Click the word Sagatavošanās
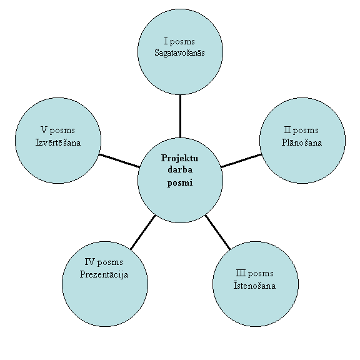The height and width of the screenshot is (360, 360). click(179, 53)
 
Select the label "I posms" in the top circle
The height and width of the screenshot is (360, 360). click(179, 41)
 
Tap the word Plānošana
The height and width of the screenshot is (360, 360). click(302, 142)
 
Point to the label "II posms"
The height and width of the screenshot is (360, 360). click(301, 131)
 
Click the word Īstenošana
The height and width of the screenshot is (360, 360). click(254, 286)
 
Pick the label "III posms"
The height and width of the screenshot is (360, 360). click(255, 274)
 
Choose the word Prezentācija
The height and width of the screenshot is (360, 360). click(104, 274)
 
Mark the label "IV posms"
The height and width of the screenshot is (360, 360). click(104, 262)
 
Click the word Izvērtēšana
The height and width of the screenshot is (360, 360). click(58, 142)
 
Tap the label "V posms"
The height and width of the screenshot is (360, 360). click(58, 131)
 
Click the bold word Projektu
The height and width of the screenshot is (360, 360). click(179, 158)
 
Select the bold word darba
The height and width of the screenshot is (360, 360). click(180, 169)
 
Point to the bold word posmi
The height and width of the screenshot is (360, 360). click(180, 183)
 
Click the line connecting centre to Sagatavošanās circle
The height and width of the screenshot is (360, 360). click(180, 116)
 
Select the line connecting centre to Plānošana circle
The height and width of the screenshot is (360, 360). click(241, 161)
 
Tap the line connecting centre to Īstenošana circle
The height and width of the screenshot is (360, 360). click(217, 232)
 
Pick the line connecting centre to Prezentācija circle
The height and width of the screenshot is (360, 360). click(142, 232)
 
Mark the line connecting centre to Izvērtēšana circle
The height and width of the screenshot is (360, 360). click(119, 161)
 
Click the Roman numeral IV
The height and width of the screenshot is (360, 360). click(89, 262)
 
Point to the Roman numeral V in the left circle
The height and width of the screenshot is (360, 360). click(44, 130)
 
